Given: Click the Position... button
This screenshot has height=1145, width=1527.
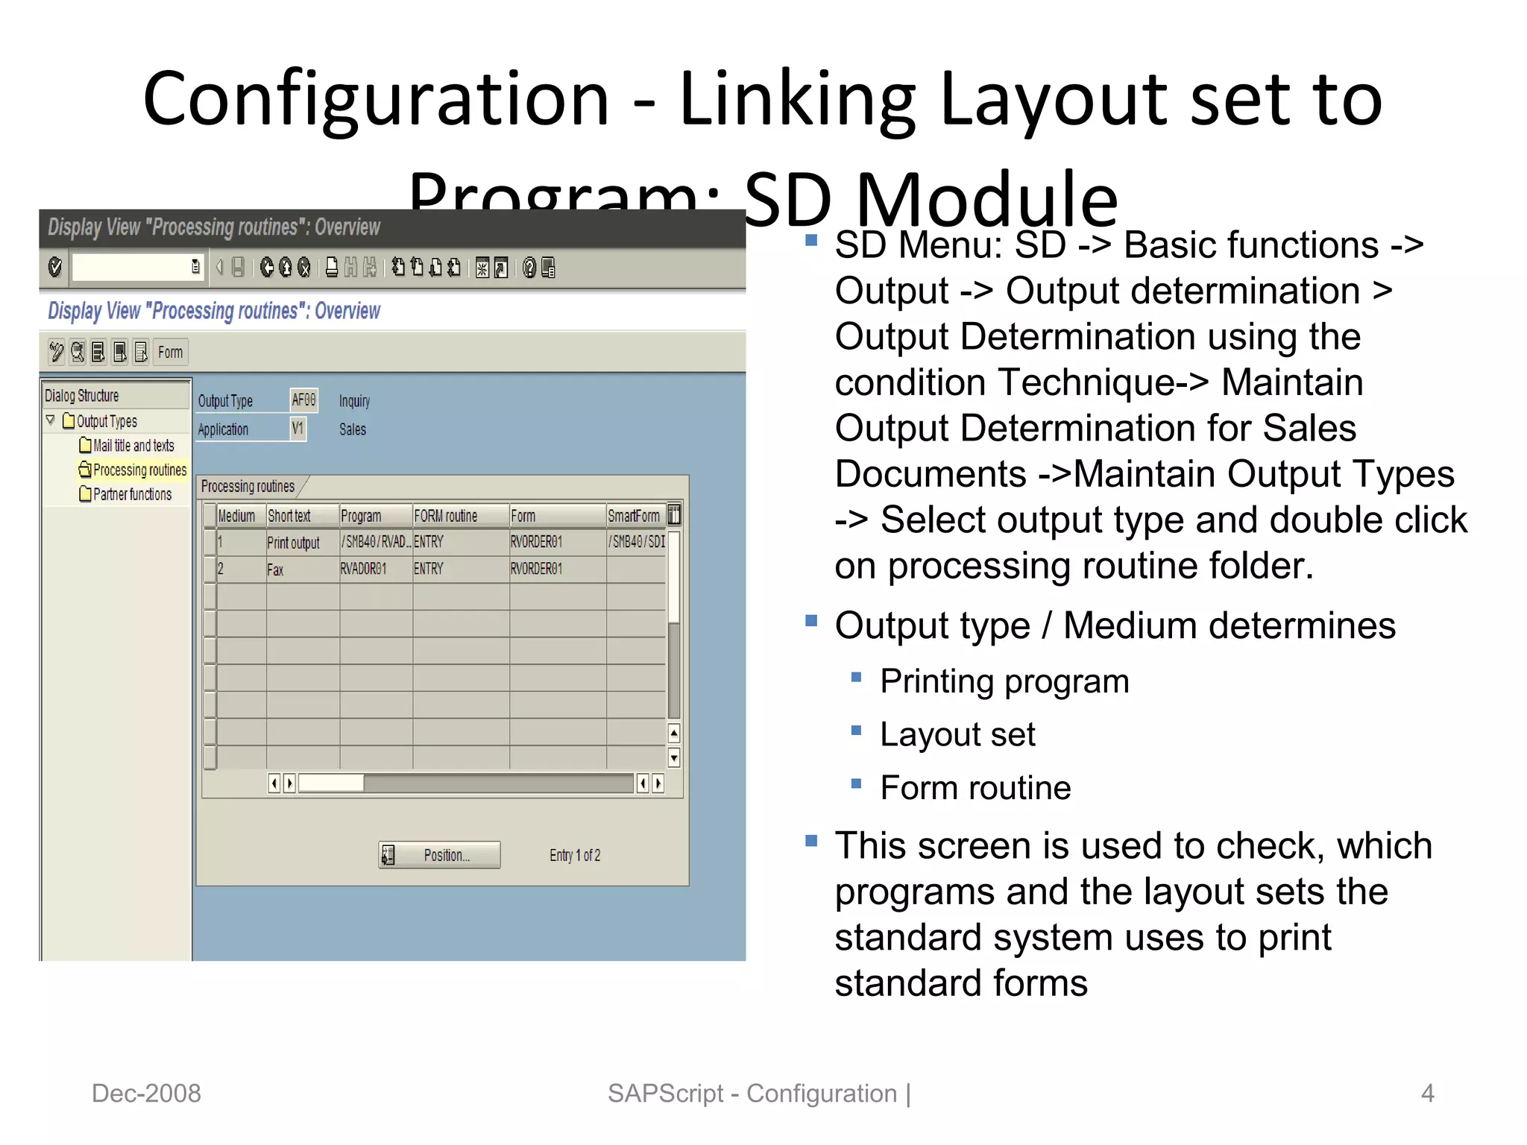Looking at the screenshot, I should pyautogui.click(x=439, y=855).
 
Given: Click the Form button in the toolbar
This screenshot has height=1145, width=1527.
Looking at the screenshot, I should pyautogui.click(x=170, y=352).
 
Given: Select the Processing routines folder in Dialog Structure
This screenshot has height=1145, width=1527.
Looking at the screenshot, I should pyautogui.click(x=139, y=470).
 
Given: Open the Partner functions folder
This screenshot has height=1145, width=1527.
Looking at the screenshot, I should pyautogui.click(x=131, y=494).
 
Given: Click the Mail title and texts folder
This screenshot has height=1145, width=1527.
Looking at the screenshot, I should pyautogui.click(x=133, y=446).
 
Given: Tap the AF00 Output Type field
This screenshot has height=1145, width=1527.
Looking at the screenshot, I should pyautogui.click(x=303, y=400).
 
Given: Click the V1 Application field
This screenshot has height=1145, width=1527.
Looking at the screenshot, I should pyautogui.click(x=297, y=429).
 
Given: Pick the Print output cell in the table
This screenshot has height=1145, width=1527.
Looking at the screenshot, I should pyautogui.click(x=293, y=543).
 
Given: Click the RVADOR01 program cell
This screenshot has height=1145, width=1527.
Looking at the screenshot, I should pyautogui.click(x=364, y=570).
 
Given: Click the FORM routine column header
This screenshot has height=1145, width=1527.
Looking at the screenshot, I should pyautogui.click(x=446, y=516).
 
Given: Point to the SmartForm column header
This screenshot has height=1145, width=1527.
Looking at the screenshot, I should pyautogui.click(x=634, y=516).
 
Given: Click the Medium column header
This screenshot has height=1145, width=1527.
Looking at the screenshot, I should pyautogui.click(x=236, y=516).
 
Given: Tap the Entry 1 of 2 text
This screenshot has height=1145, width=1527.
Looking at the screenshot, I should pyautogui.click(x=574, y=855).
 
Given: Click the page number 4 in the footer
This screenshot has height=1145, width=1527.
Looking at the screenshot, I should pyautogui.click(x=1427, y=1093).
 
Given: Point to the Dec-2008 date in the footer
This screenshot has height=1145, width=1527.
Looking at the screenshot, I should pyautogui.click(x=146, y=1093).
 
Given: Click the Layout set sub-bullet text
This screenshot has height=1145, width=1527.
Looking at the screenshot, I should pyautogui.click(x=957, y=735).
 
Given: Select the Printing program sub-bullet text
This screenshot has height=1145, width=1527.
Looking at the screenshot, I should pyautogui.click(x=1004, y=681).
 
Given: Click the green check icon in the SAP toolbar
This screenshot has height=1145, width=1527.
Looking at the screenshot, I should pyautogui.click(x=55, y=267).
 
